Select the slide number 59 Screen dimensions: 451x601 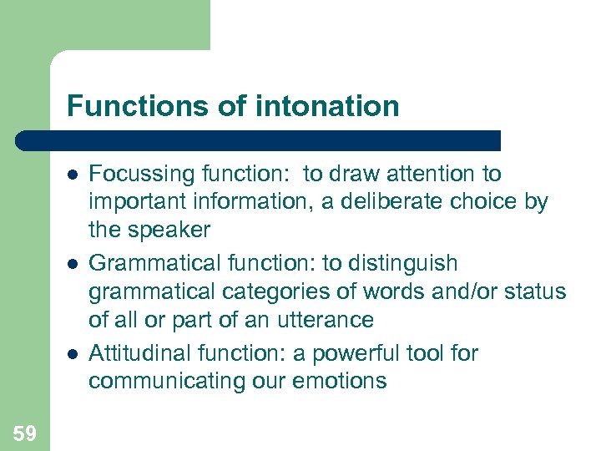coord(24,433)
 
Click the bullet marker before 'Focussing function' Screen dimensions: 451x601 coord(73,174)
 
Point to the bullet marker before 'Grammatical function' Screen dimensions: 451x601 coord(73,264)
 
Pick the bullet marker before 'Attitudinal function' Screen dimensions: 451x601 coord(73,354)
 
